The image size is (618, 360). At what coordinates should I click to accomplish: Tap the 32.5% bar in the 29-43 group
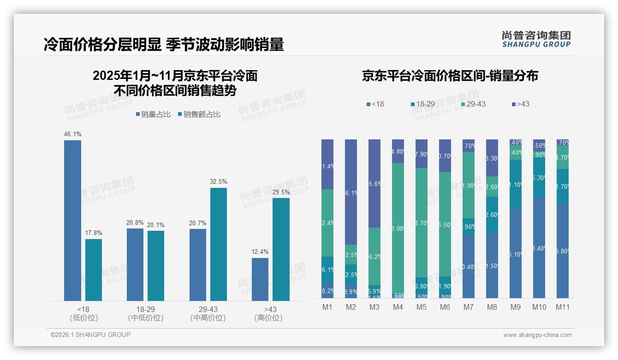tap(219, 244)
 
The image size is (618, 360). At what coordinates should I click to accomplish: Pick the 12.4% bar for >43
tap(260, 279)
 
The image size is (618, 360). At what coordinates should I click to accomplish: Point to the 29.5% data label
tap(281, 192)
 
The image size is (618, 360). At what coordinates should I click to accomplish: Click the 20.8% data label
tap(135, 222)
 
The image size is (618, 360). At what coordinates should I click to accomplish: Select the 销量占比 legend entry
tap(154, 114)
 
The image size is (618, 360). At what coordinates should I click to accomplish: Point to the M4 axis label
tap(398, 307)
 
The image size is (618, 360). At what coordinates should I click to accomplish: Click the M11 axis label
tap(562, 307)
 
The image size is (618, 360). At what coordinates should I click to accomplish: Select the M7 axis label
tap(469, 307)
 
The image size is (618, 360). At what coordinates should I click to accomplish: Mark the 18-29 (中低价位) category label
tap(146, 313)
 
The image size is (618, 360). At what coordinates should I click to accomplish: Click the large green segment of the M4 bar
tap(398, 228)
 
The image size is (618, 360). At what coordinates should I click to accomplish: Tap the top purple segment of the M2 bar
tap(351, 192)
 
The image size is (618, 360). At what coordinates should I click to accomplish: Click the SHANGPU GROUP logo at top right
tap(536, 39)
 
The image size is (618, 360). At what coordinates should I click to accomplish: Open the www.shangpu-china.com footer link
tap(537, 335)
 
